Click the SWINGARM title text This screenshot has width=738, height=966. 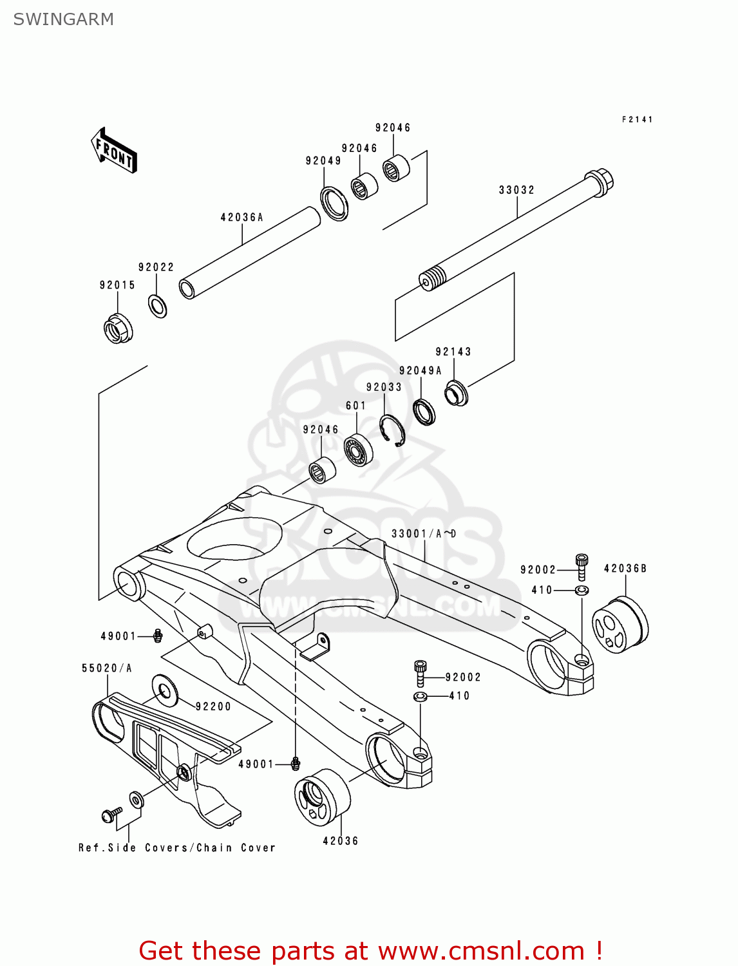click(63, 19)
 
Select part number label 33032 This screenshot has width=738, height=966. click(516, 190)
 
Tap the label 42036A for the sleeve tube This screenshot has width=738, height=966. click(241, 218)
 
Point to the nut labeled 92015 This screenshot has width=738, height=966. click(118, 328)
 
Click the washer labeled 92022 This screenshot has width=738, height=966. click(158, 305)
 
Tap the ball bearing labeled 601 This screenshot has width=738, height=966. click(358, 450)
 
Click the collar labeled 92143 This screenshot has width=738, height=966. click(457, 393)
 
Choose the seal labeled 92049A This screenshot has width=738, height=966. click(424, 412)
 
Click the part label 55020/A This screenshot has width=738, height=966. click(106, 668)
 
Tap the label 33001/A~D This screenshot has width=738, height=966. click(423, 534)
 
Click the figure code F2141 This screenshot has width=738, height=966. click(637, 119)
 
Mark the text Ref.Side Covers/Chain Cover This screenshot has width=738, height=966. click(177, 848)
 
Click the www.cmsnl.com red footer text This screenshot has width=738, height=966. click(370, 951)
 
